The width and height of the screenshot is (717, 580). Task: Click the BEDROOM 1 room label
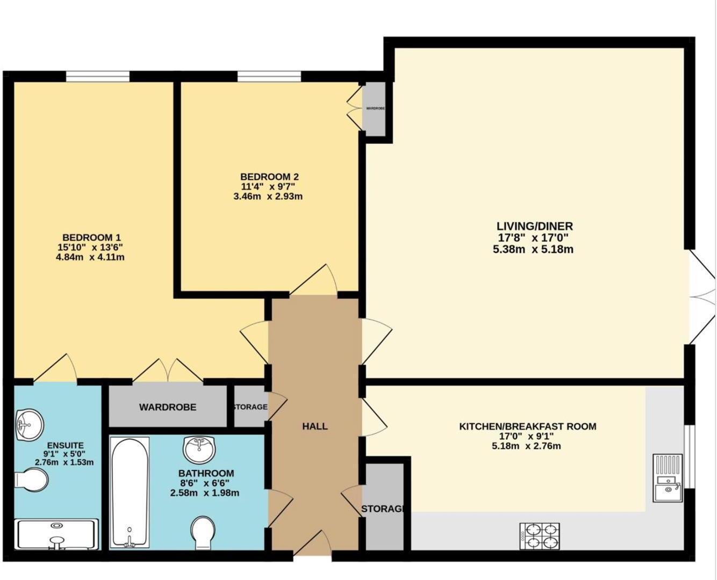click(91, 237)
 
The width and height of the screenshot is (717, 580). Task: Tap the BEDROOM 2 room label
click(269, 177)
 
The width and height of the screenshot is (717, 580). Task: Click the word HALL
click(315, 426)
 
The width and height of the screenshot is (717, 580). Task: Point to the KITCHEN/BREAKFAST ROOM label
click(527, 426)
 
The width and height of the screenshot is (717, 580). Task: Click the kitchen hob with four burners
click(539, 536)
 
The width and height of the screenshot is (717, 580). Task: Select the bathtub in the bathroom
click(130, 492)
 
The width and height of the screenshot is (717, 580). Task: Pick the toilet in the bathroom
click(203, 533)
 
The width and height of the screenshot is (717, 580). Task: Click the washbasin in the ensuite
click(28, 424)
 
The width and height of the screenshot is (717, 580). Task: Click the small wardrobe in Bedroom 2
click(375, 108)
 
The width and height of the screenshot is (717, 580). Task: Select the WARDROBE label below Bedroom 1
click(168, 407)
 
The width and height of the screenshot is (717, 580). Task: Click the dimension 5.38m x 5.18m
click(533, 249)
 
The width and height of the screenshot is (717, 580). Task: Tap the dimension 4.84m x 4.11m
click(91, 257)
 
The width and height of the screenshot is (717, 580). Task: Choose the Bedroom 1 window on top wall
click(98, 77)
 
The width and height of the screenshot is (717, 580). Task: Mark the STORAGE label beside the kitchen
click(383, 509)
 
